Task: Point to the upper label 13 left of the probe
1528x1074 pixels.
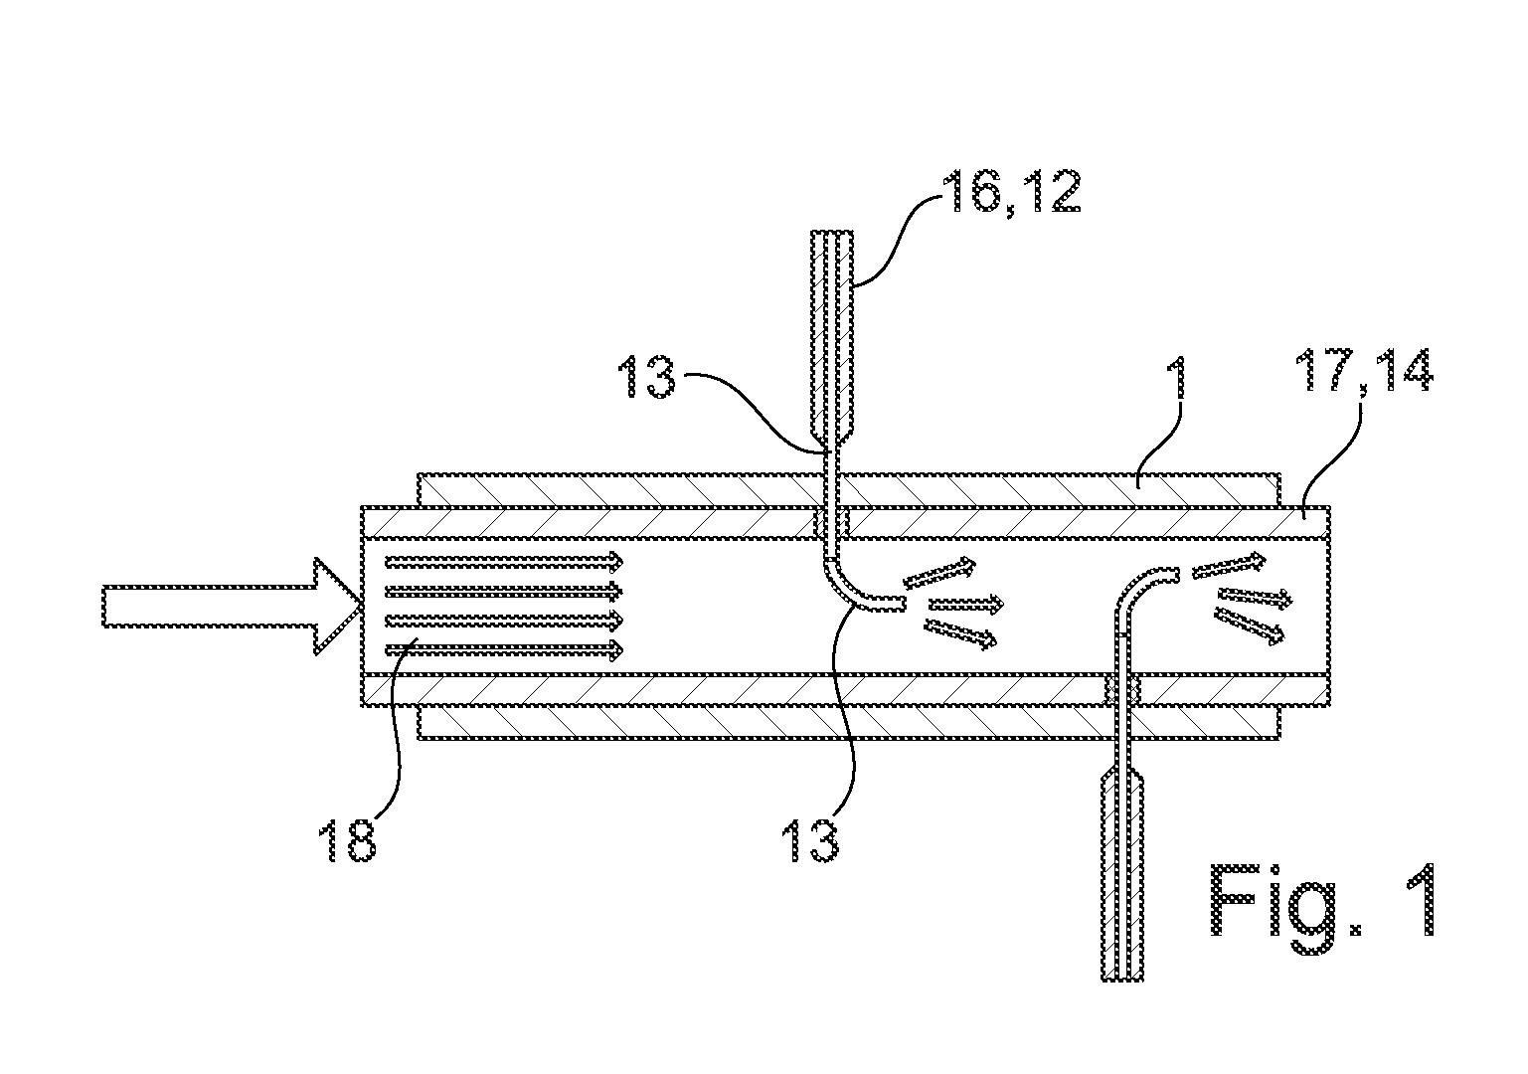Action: click(646, 377)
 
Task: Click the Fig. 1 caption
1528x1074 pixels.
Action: click(1324, 909)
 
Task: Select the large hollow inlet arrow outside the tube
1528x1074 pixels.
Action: click(232, 606)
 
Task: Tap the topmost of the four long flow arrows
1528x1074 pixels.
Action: click(504, 562)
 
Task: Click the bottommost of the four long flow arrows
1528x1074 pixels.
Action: click(504, 649)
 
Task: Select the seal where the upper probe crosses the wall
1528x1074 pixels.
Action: click(831, 523)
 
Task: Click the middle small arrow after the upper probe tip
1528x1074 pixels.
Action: click(966, 604)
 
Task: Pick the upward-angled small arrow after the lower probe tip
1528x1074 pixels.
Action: click(1229, 566)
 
